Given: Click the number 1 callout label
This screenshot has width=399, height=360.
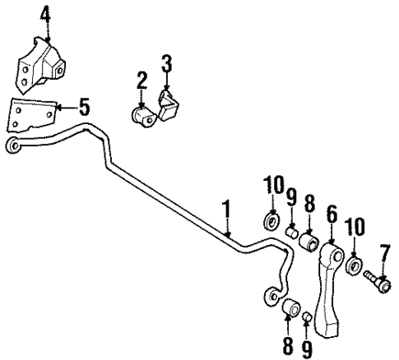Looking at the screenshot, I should (225, 211).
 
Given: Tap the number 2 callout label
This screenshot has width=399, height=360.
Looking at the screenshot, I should (142, 80).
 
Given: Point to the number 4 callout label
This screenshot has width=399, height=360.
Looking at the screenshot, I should (45, 14).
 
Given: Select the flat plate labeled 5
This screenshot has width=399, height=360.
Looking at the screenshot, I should (32, 113).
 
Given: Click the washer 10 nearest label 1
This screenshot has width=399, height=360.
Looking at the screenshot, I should (271, 222).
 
